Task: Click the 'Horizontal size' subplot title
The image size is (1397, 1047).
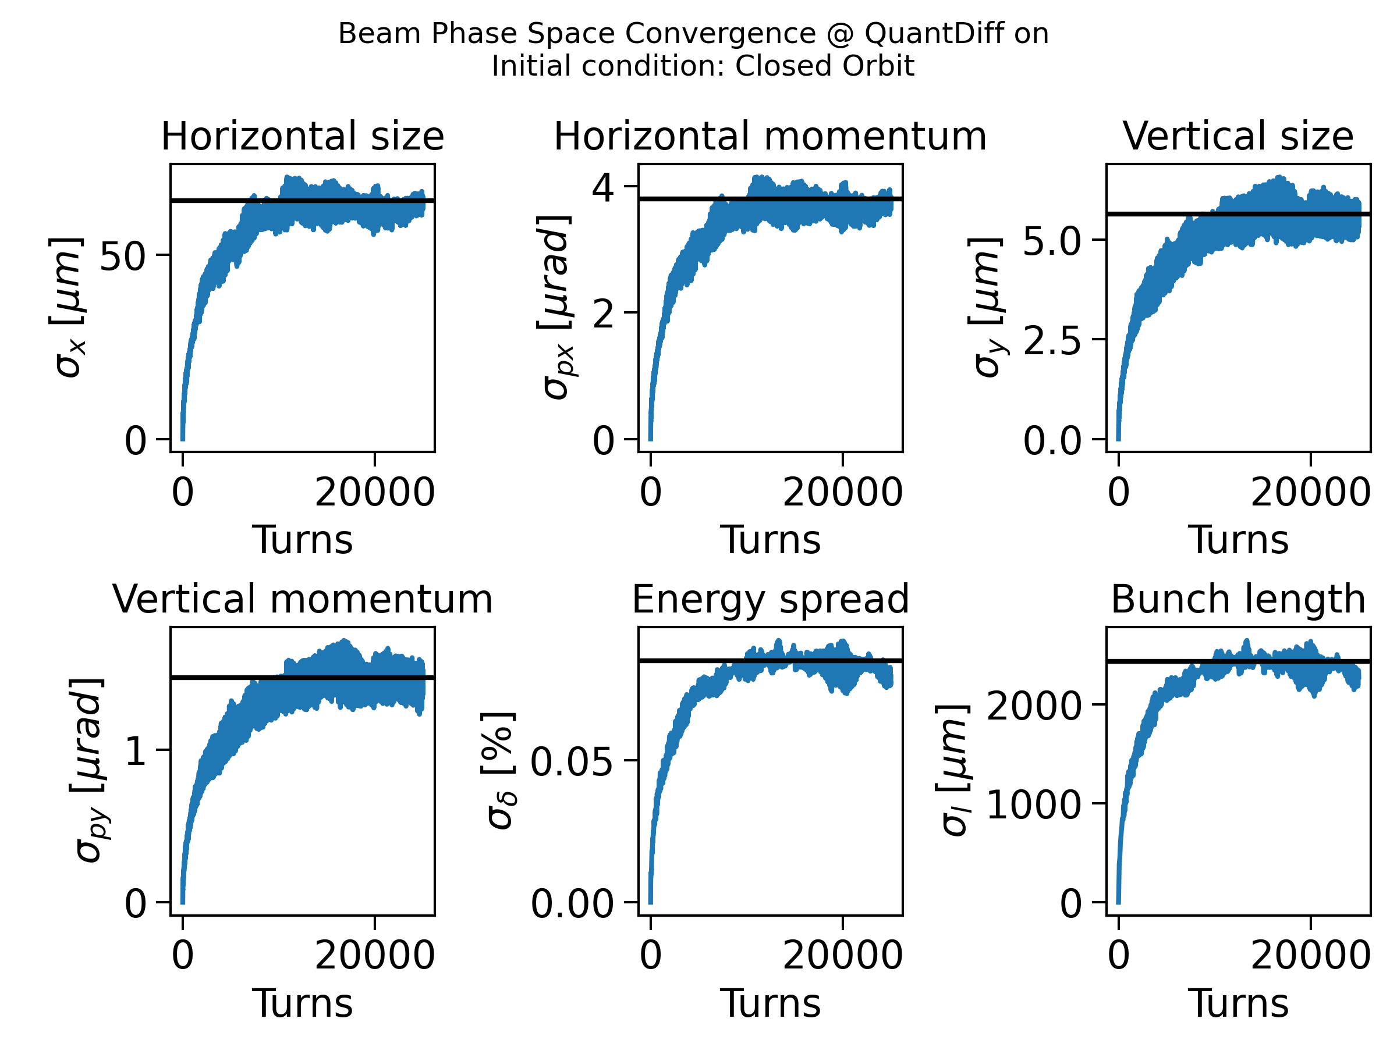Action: [303, 136]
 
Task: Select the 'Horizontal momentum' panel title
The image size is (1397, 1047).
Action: [770, 136]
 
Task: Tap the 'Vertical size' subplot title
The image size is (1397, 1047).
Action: [1238, 136]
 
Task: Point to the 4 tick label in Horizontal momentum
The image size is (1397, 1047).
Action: [603, 187]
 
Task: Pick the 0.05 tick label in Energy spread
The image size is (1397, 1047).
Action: [572, 762]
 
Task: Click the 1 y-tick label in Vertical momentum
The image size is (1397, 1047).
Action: [136, 752]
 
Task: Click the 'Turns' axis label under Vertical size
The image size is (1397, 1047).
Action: [1238, 540]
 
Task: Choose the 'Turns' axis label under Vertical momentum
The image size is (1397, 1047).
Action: [303, 1003]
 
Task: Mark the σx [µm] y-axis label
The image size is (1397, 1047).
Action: [66, 307]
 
